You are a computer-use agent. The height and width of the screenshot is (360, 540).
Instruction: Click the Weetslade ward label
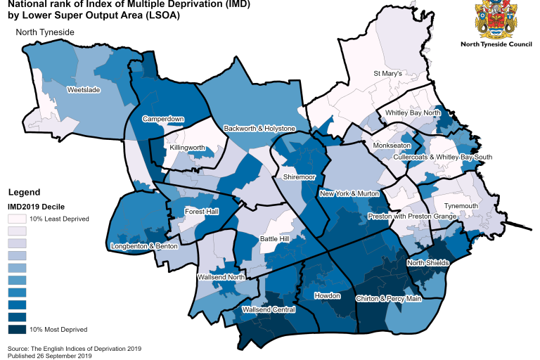coord(83,91)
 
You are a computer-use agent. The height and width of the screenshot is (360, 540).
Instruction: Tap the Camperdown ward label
coord(163,120)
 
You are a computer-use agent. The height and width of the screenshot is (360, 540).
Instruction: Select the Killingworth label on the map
coord(188,148)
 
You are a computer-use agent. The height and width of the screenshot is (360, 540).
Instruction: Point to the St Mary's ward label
coord(387,74)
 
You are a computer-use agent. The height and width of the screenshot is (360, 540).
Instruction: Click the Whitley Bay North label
coord(412,113)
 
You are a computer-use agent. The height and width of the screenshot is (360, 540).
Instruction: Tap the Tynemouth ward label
coord(461,206)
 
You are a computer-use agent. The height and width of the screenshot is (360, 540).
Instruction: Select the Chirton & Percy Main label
coord(388,300)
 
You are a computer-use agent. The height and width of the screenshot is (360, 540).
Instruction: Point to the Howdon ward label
coord(327,296)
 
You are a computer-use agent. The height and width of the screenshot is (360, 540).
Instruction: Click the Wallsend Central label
coord(268,309)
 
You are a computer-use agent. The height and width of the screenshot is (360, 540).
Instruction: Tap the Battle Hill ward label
coord(274,239)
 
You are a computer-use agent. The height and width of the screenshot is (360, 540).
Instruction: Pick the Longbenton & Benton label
coord(144,247)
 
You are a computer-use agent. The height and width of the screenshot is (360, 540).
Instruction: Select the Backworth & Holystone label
coord(259,129)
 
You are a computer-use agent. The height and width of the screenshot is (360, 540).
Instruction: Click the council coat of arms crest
coord(496,20)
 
